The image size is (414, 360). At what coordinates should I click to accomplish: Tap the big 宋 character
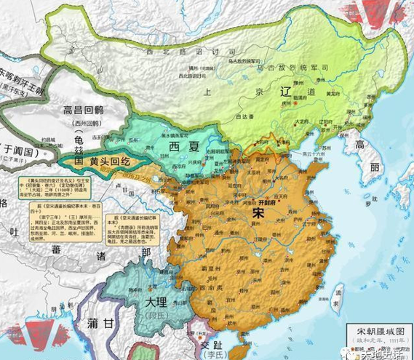point(256,215)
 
